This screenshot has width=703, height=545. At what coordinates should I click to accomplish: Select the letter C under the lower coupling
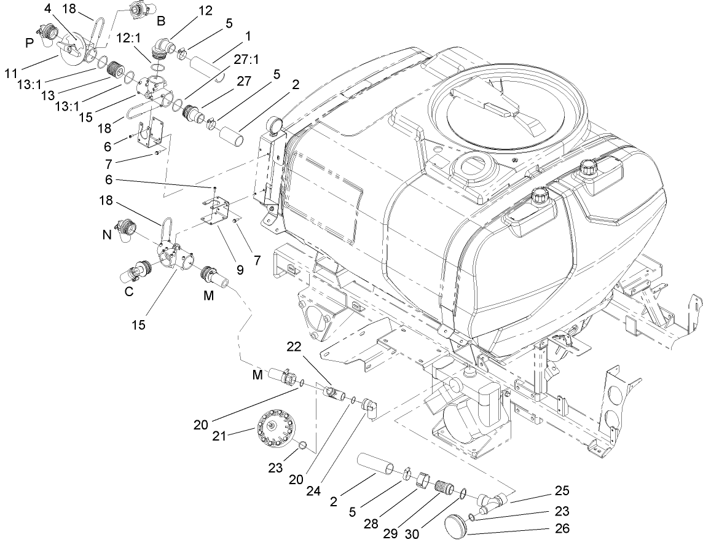[x=129, y=292]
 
